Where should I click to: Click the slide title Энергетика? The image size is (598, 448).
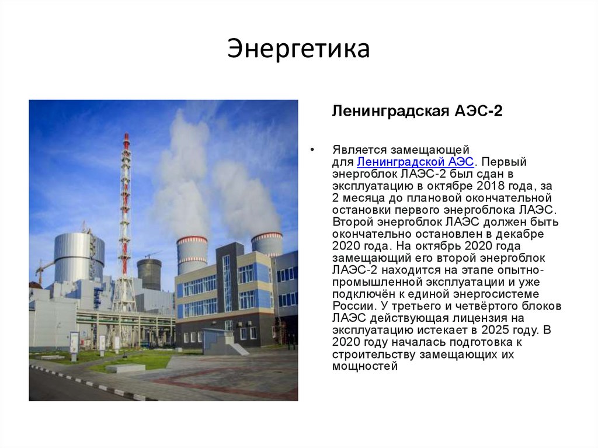point(298,49)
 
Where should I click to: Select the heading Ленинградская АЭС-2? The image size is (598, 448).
point(417,111)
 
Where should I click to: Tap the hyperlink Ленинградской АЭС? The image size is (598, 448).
point(415,162)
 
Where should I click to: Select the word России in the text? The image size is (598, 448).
point(352,306)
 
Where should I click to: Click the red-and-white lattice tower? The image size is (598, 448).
point(125,222)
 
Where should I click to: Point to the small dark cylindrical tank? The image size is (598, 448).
point(149,273)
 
